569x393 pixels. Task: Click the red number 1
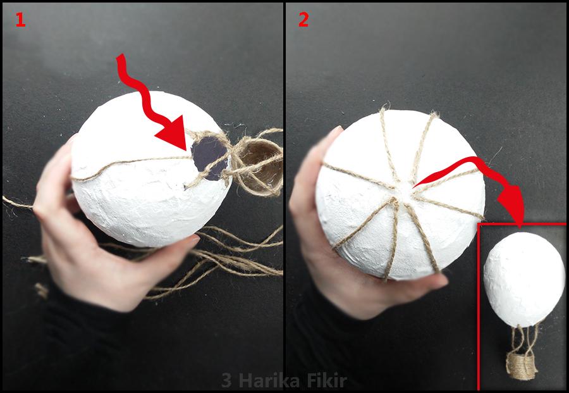pyautogui.click(x=20, y=20)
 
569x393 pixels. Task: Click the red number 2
pyautogui.click(x=303, y=20)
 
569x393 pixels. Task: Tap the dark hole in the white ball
pyautogui.click(x=209, y=158)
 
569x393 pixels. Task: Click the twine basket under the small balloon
pyautogui.click(x=522, y=365)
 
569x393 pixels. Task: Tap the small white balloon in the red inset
pyautogui.click(x=523, y=279)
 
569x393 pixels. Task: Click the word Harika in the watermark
pyautogui.click(x=271, y=381)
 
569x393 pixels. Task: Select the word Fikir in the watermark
pyautogui.click(x=327, y=381)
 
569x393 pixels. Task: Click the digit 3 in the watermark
pyautogui.click(x=226, y=381)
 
